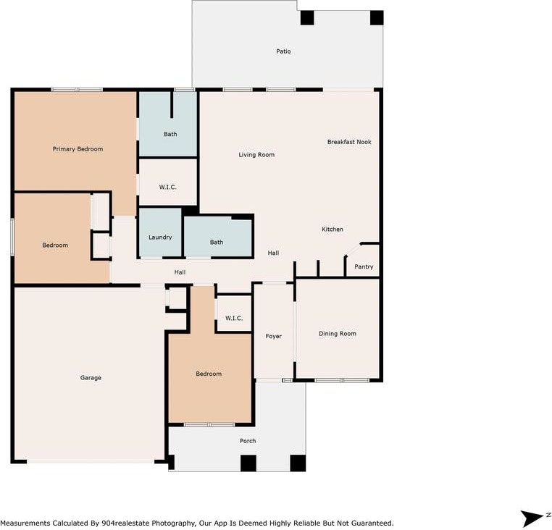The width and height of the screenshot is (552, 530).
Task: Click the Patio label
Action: pos(283,51)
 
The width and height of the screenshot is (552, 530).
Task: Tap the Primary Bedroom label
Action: pos(78,149)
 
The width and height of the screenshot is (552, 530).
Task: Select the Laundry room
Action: pos(160,232)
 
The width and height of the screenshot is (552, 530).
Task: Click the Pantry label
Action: pos(364,266)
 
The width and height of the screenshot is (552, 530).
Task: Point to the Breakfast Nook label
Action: pos(349,142)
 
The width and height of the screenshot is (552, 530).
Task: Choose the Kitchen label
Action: pos(333,229)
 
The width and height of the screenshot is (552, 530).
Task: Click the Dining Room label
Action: pos(338,334)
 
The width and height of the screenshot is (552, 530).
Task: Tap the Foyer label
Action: pos(274,337)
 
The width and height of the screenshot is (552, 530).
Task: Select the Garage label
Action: pos(91,378)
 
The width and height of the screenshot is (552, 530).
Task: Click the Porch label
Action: pos(248,441)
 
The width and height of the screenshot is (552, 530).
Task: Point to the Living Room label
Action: pos(256,155)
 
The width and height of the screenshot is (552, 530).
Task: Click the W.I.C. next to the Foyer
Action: pos(234,318)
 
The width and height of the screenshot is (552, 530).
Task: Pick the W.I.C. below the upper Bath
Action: pos(168,187)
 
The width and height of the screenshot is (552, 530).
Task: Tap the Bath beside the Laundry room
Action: pos(217,242)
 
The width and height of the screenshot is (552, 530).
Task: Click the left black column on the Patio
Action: pos(307,17)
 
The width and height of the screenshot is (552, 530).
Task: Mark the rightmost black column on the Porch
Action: pos(298,463)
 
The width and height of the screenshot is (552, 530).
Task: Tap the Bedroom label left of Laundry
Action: pos(55,245)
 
